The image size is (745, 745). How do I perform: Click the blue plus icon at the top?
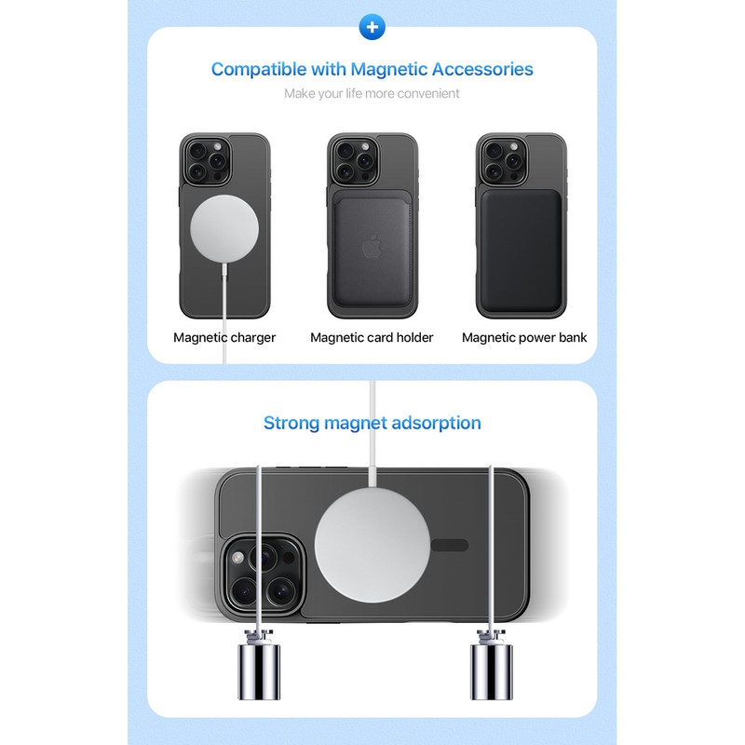(372, 27)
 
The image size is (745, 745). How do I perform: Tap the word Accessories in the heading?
(482, 69)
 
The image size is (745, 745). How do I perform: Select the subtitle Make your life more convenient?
(372, 94)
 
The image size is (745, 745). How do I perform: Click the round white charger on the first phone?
(224, 228)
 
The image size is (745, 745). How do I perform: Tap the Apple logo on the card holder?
(372, 247)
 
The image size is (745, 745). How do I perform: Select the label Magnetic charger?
(224, 337)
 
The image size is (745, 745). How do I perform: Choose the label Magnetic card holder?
(372, 337)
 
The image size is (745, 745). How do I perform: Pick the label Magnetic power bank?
(524, 337)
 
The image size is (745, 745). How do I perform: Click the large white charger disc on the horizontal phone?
(372, 546)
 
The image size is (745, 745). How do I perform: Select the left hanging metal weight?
(259, 665)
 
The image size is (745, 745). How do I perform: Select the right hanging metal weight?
(492, 665)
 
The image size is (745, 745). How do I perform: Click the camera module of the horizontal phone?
(263, 575)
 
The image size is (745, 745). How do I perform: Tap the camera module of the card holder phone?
(354, 161)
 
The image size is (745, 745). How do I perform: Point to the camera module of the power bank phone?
(503, 161)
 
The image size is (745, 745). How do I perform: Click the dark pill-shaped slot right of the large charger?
(450, 546)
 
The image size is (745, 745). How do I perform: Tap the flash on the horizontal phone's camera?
(237, 557)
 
